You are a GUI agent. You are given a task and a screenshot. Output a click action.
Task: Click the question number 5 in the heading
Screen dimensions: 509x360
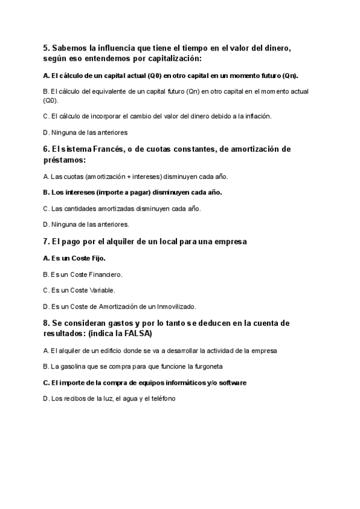point(46,48)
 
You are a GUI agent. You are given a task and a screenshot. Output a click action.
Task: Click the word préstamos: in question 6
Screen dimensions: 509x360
point(64,160)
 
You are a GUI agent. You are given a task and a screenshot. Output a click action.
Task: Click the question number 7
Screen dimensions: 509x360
point(46,241)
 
